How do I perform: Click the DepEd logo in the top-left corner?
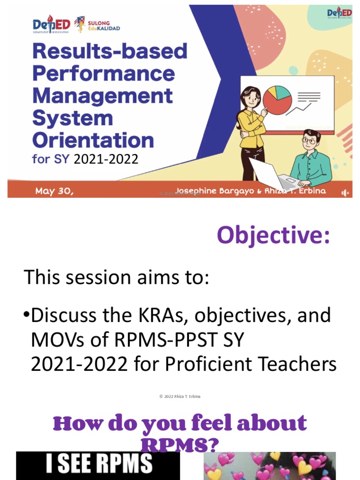[51, 25]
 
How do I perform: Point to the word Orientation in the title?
[93, 140]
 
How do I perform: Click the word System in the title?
[72, 118]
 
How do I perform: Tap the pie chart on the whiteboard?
[277, 99]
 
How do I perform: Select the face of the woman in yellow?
[252, 99]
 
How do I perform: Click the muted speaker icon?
[345, 193]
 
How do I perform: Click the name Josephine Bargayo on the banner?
[213, 191]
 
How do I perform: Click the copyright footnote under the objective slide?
[180, 397]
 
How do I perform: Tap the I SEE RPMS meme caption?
[99, 464]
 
